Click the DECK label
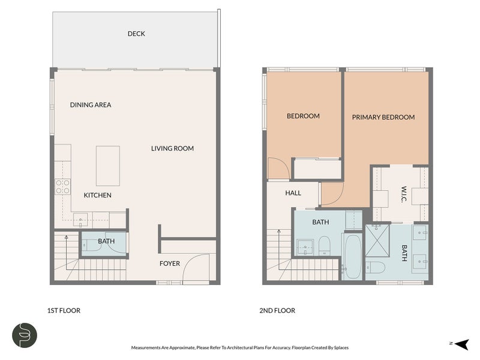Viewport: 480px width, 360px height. (x=136, y=34)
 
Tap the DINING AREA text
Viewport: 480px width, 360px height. (x=91, y=104)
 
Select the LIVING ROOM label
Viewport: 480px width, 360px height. (x=172, y=148)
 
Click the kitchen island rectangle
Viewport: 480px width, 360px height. (x=108, y=166)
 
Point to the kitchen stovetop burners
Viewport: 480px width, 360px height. (x=63, y=187)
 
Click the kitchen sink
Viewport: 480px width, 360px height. (x=80, y=220)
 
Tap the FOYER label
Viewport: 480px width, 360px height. (x=170, y=263)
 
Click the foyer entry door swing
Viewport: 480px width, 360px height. (x=196, y=267)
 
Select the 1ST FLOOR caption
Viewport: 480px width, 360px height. (x=64, y=310)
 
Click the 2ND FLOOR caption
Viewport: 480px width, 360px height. (x=277, y=310)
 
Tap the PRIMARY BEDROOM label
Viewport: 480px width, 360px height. (x=383, y=117)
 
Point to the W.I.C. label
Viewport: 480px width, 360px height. (x=404, y=194)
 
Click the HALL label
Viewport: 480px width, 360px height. (x=293, y=193)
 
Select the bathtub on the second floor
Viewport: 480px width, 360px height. (x=352, y=256)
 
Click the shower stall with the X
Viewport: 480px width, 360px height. (x=377, y=241)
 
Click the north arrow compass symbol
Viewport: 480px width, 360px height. (x=461, y=344)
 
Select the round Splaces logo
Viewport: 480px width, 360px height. (x=25, y=335)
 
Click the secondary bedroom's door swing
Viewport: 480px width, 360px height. (x=278, y=168)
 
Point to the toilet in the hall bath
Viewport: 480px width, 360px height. (x=324, y=246)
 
